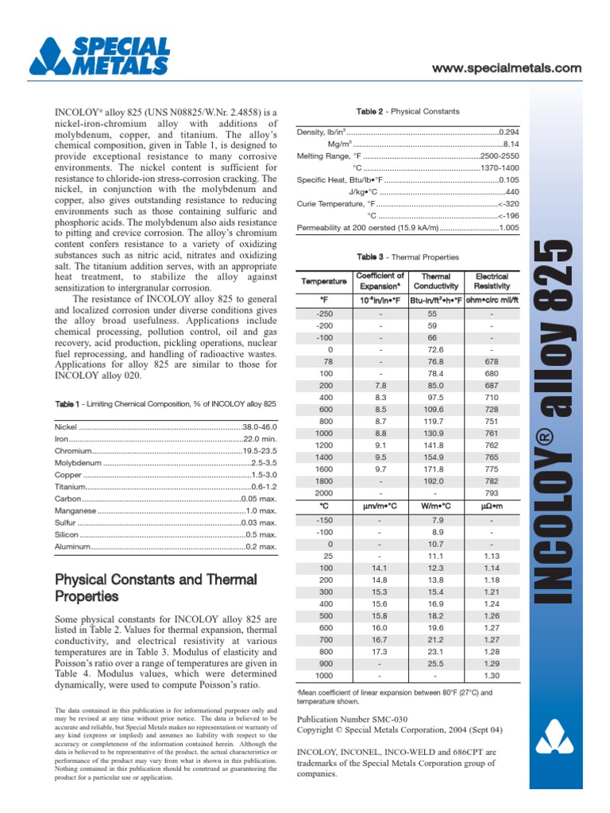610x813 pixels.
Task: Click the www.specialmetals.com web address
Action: pyautogui.click(x=507, y=69)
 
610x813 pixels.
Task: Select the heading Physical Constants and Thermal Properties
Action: pyautogui.click(x=156, y=588)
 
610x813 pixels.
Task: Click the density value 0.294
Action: pyautogui.click(x=508, y=131)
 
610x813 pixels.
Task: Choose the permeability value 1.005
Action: pyautogui.click(x=508, y=229)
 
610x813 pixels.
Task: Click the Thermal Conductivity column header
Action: pyautogui.click(x=435, y=281)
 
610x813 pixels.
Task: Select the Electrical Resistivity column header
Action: pyautogui.click(x=492, y=281)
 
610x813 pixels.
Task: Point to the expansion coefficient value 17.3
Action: pyautogui.click(x=380, y=651)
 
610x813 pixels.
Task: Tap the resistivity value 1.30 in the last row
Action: pyautogui.click(x=492, y=675)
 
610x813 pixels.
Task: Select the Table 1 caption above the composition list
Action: pyautogui.click(x=165, y=404)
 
